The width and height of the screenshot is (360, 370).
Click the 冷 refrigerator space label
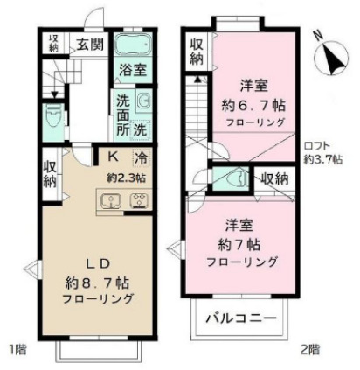[x=140, y=158]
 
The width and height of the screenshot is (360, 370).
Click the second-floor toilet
[x=234, y=178]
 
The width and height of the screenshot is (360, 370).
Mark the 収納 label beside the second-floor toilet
[x=274, y=178]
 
